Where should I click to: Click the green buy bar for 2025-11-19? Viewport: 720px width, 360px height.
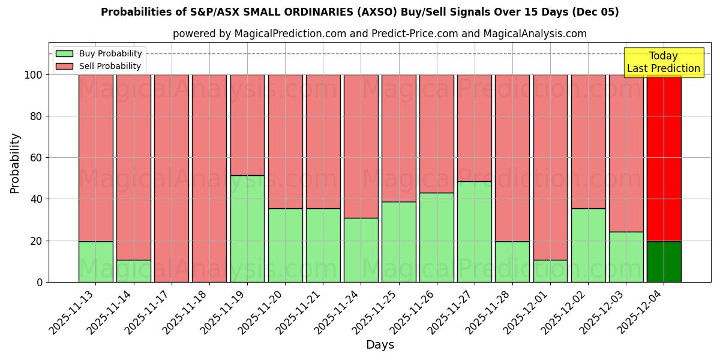247,229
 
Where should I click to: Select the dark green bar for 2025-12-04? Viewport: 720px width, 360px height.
664,262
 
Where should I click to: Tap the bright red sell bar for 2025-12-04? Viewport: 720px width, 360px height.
664,158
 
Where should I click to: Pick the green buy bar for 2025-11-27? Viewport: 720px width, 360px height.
474,232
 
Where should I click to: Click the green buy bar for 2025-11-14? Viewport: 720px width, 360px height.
133,271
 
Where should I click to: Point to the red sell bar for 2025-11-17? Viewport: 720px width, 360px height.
172,178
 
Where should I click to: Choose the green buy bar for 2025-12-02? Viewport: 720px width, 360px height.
588,245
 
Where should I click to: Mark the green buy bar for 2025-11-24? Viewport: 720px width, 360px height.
361,250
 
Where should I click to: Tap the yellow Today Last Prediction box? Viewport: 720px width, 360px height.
664,62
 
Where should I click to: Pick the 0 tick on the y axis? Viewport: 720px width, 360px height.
40,282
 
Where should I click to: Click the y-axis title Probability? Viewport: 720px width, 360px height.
15,163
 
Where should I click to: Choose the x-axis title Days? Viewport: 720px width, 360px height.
380,345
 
